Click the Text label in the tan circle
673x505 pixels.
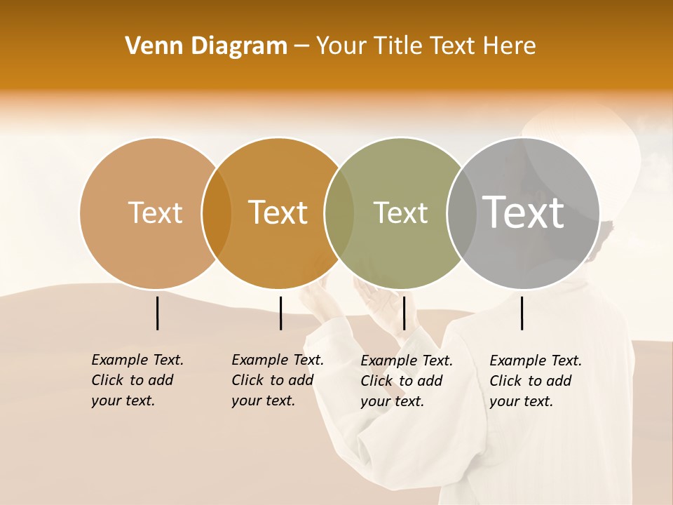(x=155, y=213)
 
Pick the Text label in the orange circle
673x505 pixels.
(x=278, y=213)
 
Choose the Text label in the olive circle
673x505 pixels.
(x=400, y=213)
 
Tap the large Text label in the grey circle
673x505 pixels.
(x=523, y=213)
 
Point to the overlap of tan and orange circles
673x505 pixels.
(x=217, y=213)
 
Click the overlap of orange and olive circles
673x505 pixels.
(x=339, y=213)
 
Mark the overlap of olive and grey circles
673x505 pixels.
(x=461, y=213)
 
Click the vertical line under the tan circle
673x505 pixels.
(x=157, y=313)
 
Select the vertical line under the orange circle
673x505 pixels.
(x=280, y=313)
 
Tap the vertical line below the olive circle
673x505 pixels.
(x=404, y=313)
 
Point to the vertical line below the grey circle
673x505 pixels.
(x=522, y=313)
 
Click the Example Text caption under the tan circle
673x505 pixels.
(x=137, y=380)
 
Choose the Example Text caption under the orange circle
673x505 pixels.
(x=278, y=380)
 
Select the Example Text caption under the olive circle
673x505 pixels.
(x=407, y=381)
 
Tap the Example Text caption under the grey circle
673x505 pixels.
(x=536, y=381)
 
